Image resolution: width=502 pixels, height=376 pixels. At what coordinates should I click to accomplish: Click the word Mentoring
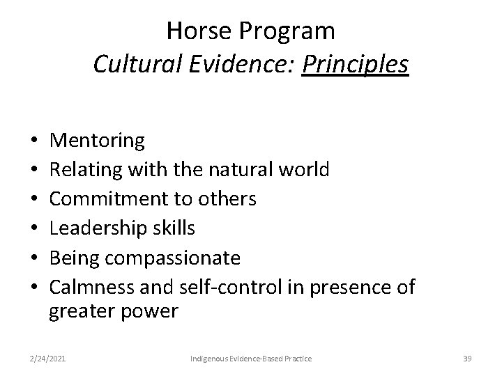tap(98, 141)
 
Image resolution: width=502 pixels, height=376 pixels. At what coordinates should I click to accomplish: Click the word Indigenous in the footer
tap(211, 358)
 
